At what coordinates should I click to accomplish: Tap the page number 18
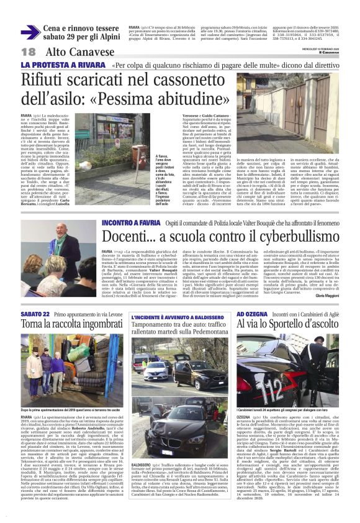point(29,53)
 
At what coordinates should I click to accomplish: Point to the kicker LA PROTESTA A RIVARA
point(63,65)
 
